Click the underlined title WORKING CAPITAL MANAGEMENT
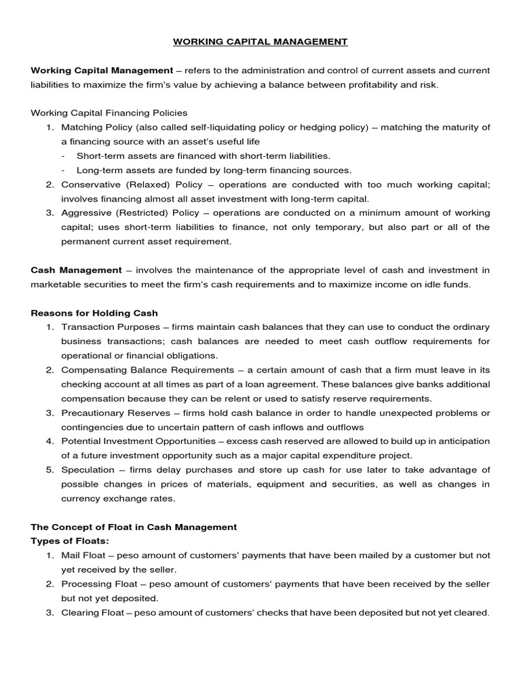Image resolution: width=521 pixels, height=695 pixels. tap(260, 42)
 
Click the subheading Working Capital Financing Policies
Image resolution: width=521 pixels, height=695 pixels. tap(109, 113)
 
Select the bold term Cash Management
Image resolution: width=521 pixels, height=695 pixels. tap(77, 270)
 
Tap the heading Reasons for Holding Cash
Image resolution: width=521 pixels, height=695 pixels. tap(94, 313)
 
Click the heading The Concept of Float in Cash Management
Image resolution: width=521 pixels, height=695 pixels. tap(134, 527)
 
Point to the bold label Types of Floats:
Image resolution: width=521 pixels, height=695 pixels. tap(70, 541)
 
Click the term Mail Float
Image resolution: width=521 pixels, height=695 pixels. tap(83, 555)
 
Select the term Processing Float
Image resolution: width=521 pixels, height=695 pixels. tap(99, 584)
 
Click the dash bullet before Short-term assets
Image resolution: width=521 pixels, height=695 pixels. tap(63, 155)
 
